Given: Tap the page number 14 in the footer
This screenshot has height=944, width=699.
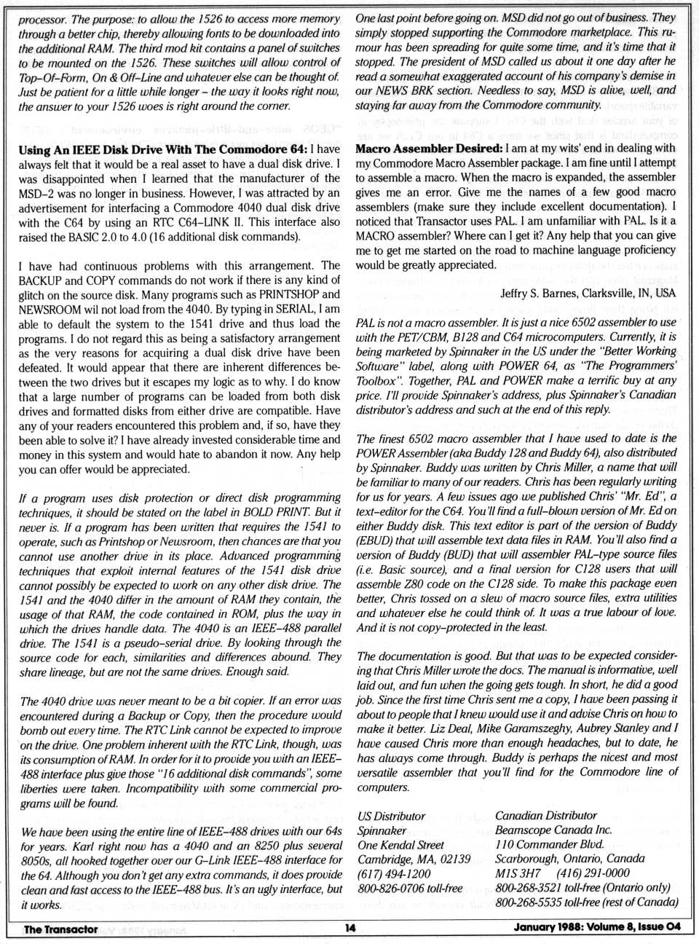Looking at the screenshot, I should [351, 928].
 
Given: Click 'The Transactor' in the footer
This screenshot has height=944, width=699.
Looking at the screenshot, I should [60, 929].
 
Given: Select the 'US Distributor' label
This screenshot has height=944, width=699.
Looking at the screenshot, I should [391, 816].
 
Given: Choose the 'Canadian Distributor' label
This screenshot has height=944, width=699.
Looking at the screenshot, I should [545, 816].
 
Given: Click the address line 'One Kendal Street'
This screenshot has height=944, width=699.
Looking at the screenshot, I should [400, 845].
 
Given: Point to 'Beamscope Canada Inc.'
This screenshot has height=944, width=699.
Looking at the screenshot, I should [553, 830].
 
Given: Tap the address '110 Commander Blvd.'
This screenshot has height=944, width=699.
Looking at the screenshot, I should [549, 845].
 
